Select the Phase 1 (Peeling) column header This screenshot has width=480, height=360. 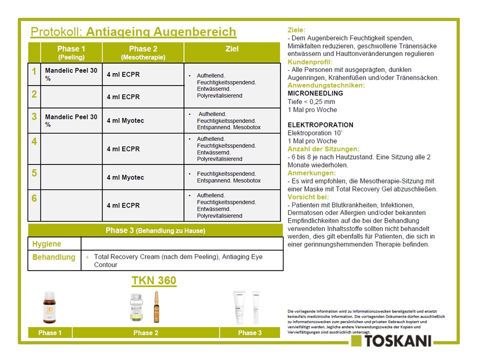click(x=71, y=52)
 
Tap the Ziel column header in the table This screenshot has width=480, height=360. click(x=232, y=49)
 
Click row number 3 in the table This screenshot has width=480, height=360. click(x=34, y=117)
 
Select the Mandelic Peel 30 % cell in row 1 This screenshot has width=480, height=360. click(x=71, y=74)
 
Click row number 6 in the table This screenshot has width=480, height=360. click(x=34, y=198)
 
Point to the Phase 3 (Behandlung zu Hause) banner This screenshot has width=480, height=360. click(x=155, y=230)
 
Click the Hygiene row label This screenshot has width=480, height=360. click(x=47, y=244)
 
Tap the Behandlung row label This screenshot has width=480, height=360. click(x=54, y=257)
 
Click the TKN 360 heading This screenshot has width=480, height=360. click(x=154, y=281)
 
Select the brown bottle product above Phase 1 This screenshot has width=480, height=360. click(x=49, y=308)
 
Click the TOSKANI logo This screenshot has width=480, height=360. click(x=391, y=341)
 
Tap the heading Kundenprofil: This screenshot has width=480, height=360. click(x=305, y=62)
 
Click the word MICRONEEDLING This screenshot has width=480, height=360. click(x=315, y=93)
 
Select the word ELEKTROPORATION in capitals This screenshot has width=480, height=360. click(x=320, y=125)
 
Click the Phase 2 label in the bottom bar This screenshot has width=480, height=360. click(x=143, y=333)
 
